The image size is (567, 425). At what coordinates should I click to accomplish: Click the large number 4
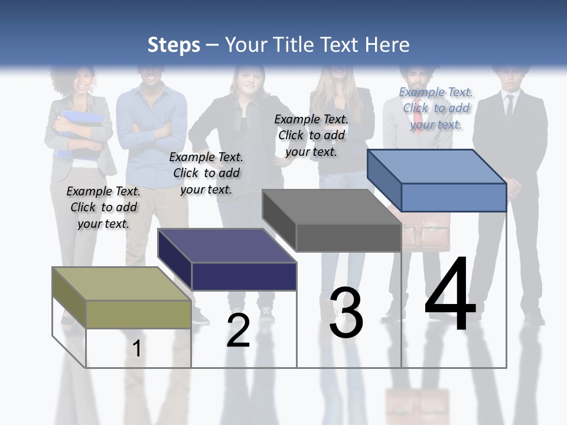(450, 295)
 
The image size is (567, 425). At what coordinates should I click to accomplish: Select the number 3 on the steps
(346, 313)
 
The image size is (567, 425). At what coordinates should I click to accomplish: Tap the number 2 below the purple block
(238, 331)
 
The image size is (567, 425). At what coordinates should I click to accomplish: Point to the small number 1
(136, 349)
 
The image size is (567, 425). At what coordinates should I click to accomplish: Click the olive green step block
(121, 298)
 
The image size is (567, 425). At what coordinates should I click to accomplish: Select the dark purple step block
(227, 260)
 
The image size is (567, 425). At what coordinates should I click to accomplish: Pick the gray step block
(332, 221)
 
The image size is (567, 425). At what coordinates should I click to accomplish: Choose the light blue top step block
(437, 181)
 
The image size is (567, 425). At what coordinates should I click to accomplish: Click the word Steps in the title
(174, 45)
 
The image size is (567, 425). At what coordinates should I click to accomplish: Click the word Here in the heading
(387, 45)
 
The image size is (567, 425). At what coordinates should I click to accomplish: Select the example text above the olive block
(103, 207)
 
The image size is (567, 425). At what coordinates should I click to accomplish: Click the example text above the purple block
(206, 173)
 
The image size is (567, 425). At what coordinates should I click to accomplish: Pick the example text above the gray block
(311, 135)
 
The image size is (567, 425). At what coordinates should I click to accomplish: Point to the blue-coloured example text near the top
(436, 108)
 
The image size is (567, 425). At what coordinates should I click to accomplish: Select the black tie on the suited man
(509, 106)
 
